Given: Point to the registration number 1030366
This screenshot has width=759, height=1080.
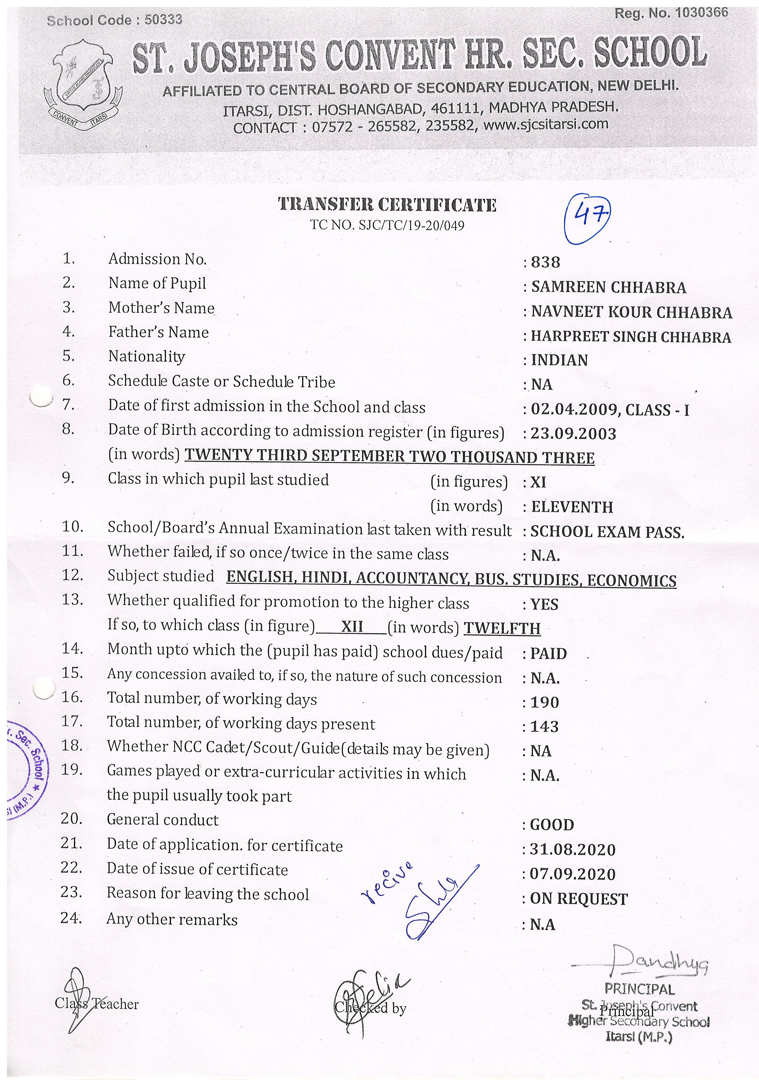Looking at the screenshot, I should tap(701, 13).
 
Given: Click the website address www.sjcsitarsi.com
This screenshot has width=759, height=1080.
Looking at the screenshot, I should tap(546, 125).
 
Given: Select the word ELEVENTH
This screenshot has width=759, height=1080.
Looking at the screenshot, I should tap(572, 507).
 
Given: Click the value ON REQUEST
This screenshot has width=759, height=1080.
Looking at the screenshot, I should tap(579, 899).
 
